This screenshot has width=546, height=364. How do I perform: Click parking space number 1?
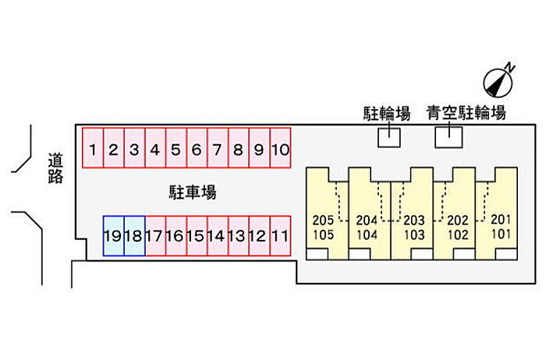click(x=93, y=148)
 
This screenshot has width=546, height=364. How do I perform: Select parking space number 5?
click(x=175, y=148)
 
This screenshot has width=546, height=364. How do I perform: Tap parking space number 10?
click(x=280, y=148)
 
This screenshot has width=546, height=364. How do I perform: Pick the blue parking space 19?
click(x=113, y=235)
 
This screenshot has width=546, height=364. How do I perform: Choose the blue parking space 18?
click(x=134, y=235)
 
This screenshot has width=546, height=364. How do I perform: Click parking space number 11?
click(x=280, y=235)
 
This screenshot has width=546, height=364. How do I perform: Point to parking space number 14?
click(x=217, y=235)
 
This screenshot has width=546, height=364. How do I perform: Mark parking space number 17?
click(x=154, y=235)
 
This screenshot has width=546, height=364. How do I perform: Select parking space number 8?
click(x=238, y=148)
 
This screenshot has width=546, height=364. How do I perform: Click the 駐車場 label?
click(x=192, y=192)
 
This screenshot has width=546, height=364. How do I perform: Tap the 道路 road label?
click(x=55, y=168)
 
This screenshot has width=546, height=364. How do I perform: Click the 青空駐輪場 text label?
click(x=466, y=112)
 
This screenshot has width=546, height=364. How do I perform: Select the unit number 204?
click(x=366, y=220)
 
